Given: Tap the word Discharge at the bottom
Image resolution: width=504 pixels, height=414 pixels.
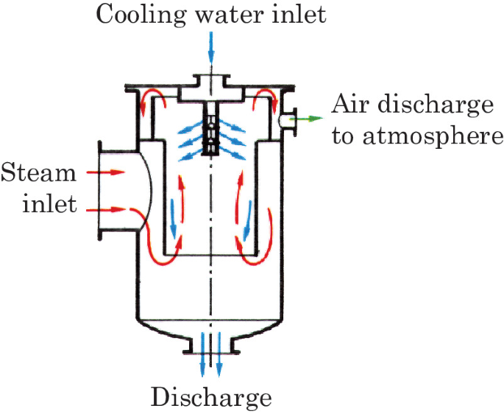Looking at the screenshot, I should pos(212,399).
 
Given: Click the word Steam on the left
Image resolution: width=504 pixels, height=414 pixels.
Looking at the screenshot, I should pos(38,175).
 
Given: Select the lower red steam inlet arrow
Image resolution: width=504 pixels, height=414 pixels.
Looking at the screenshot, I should pos(107,210).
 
